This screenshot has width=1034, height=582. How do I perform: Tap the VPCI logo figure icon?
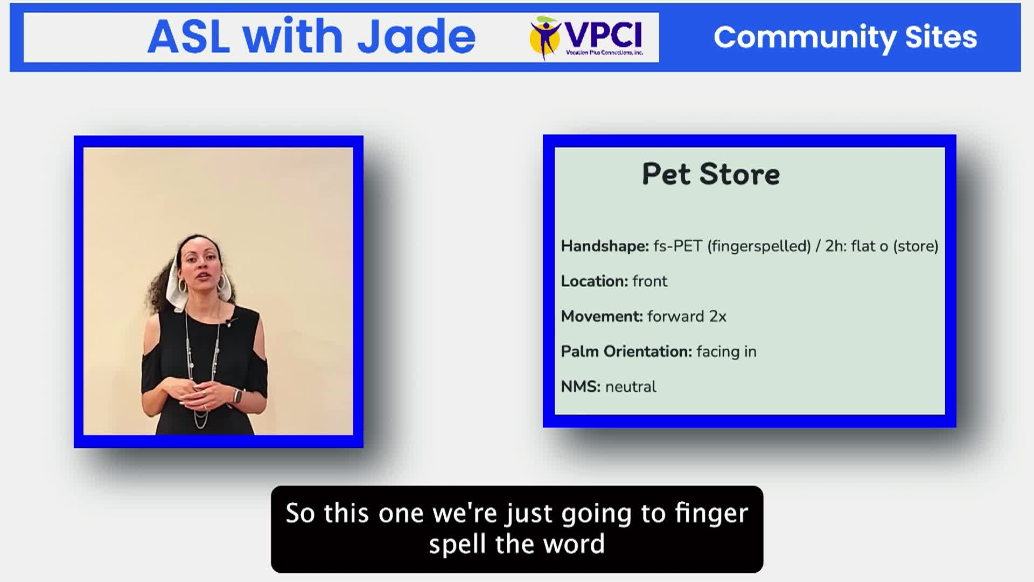(545, 37)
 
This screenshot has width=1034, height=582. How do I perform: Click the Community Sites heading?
(845, 37)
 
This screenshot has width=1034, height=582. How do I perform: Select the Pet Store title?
(711, 174)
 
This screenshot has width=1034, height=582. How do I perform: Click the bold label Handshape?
(605, 246)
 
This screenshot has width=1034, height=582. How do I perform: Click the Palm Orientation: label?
(626, 351)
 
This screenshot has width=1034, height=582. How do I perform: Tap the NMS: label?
(581, 386)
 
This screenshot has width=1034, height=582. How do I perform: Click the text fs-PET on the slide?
(678, 246)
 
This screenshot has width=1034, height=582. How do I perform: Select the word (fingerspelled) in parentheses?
(759, 247)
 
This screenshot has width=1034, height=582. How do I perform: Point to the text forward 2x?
(687, 316)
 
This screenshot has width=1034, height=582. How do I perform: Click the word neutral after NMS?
(631, 387)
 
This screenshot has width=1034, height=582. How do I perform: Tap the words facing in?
(726, 352)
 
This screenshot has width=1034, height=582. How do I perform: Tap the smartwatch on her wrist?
(237, 396)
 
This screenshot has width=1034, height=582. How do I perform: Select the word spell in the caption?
(457, 544)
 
